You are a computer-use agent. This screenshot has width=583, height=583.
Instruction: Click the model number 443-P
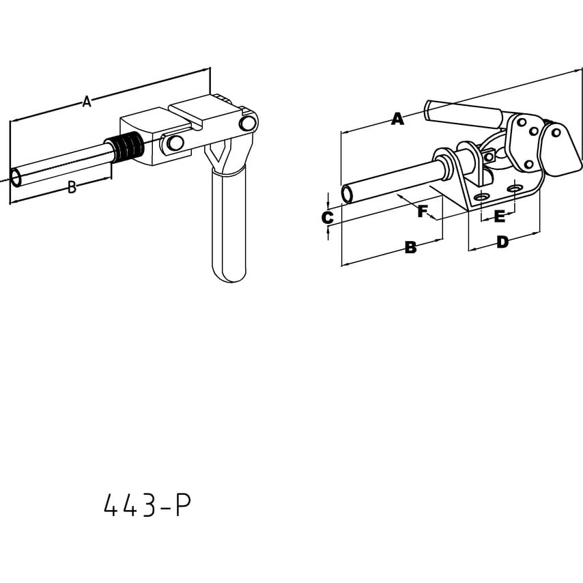coord(147,506)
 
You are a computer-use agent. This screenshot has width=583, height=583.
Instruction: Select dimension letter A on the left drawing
coord(86,102)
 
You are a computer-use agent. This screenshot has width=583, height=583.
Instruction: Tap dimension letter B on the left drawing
coord(72,188)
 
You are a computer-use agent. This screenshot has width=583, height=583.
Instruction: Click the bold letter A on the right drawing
coord(397,119)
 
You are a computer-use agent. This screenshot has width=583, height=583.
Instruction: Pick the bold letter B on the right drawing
coord(410,248)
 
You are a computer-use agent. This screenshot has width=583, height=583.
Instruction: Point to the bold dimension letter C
coord(328,218)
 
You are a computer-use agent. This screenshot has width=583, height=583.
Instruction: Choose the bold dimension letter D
coord(502,242)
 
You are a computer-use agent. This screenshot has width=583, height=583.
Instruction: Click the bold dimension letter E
coord(499,217)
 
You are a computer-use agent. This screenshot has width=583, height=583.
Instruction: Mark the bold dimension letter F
coord(423,212)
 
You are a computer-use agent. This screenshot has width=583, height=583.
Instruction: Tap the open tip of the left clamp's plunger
coord(17,178)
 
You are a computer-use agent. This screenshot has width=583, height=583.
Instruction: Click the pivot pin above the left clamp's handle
coord(248,123)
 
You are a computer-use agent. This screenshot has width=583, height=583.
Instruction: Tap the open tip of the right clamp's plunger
coord(347,194)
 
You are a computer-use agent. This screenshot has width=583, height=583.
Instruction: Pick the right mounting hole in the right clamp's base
coord(514,187)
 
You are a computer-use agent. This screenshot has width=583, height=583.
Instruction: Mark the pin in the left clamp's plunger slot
coord(174,143)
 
